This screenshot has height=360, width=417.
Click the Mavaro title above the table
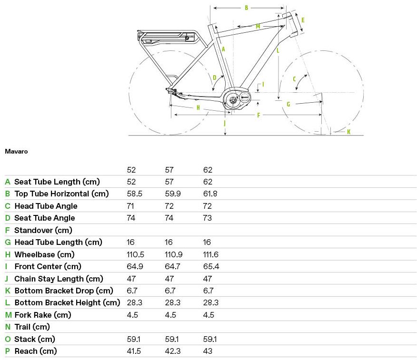[16, 152]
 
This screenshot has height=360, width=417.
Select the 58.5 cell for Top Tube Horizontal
[134, 194]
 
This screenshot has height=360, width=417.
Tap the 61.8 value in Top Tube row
[211, 194]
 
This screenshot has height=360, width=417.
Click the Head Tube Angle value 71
[130, 206]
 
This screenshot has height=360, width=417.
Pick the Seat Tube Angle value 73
[208, 218]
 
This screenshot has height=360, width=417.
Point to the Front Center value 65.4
[211, 266]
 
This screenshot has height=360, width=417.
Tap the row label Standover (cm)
[43, 230]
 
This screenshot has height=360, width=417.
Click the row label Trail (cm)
[32, 327]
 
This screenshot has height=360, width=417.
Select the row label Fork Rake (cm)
[42, 315]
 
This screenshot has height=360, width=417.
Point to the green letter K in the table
[8, 291]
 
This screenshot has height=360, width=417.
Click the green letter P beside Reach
[8, 351]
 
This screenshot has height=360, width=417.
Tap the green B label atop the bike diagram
[246, 8]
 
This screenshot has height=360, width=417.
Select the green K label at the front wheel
[348, 132]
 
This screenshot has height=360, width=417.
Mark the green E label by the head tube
[303, 20]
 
